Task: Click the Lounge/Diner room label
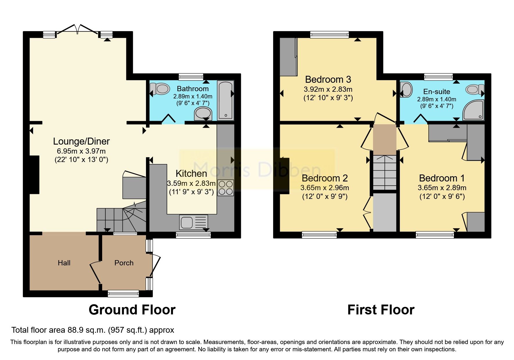(81, 141)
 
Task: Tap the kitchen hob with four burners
(226, 188)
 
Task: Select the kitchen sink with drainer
(193, 222)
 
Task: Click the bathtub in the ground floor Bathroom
(226, 100)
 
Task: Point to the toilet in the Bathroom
(160, 89)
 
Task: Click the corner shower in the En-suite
(474, 110)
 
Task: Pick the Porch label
(124, 263)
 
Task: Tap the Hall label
(64, 263)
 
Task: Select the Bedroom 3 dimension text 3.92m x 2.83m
(328, 89)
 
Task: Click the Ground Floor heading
(132, 310)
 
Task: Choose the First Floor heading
(381, 310)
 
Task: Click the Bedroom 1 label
(442, 178)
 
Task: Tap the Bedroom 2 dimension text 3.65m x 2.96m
(324, 188)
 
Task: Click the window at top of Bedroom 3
(329, 35)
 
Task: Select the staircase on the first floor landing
(385, 172)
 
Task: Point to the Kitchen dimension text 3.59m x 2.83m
(191, 183)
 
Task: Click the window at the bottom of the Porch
(123, 294)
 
